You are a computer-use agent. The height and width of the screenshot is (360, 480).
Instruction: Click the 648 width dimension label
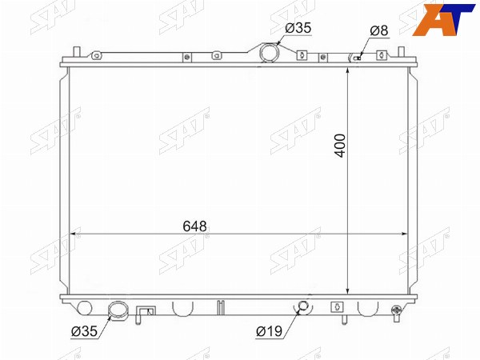(194, 226)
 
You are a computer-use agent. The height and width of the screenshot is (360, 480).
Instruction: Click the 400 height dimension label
(341, 146)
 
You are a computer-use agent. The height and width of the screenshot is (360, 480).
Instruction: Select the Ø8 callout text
(379, 30)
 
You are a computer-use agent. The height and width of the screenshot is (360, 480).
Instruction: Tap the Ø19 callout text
(270, 331)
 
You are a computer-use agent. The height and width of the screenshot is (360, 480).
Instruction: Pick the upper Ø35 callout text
(298, 28)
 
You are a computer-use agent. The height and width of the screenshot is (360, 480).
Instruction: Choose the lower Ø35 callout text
(84, 331)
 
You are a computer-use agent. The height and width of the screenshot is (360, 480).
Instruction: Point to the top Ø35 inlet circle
(270, 52)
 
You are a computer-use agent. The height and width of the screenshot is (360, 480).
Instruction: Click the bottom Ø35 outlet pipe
(118, 310)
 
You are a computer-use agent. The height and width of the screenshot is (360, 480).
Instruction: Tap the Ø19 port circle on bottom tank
(303, 306)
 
